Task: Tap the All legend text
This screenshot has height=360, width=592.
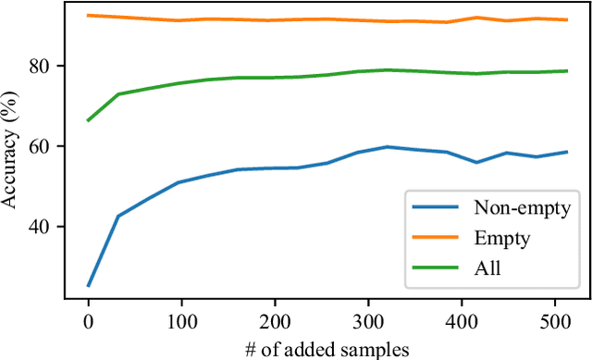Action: pos(487,268)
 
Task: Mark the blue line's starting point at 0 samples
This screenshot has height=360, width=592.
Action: pos(88,285)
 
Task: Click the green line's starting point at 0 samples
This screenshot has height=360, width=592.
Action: pos(88,120)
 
